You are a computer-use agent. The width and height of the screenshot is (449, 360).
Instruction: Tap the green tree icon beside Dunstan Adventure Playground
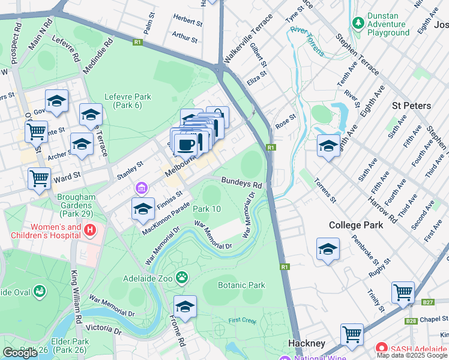[x=358, y=23]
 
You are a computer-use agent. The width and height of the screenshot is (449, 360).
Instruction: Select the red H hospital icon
[x=90, y=230]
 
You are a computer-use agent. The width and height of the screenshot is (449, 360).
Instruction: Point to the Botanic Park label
[x=241, y=286]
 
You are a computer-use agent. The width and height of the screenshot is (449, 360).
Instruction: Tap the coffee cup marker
[x=187, y=144]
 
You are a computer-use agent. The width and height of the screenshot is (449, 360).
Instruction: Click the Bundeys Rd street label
[x=241, y=181]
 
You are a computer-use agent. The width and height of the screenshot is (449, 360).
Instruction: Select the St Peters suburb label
[x=411, y=106]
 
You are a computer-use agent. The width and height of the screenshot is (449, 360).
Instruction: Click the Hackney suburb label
[x=307, y=343]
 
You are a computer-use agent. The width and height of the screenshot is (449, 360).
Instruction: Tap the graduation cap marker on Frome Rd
[x=185, y=307]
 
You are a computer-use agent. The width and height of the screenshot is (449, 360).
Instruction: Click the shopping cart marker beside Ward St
[x=39, y=177]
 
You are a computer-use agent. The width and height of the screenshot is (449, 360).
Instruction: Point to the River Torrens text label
[x=307, y=40]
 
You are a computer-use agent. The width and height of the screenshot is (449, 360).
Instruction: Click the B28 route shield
[x=411, y=321]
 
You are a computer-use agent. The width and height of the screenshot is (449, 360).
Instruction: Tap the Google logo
[x=20, y=353]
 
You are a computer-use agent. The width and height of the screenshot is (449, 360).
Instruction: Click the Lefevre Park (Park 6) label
[x=127, y=101]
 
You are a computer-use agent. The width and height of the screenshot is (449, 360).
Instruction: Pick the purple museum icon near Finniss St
[x=141, y=189]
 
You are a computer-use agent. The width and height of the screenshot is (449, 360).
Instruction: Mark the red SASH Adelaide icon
[x=381, y=347]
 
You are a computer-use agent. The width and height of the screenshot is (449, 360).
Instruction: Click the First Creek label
[x=241, y=321]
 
